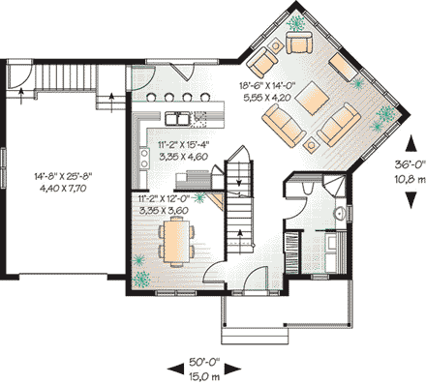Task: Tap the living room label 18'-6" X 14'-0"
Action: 276,85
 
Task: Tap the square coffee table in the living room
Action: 305,93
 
